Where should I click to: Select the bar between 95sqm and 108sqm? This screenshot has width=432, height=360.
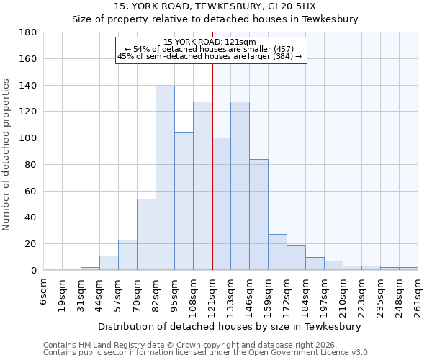pyautogui.click(x=184, y=201)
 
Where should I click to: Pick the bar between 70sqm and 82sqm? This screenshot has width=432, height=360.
pyautogui.click(x=146, y=234)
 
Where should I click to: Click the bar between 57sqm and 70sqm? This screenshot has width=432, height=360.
pyautogui.click(x=127, y=255)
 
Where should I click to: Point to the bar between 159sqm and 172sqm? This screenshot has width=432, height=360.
pyautogui.click(x=277, y=252)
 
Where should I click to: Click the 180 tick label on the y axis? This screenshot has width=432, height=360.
pyautogui.click(x=28, y=32)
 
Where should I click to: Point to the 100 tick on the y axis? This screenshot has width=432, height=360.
pyautogui.click(x=28, y=138)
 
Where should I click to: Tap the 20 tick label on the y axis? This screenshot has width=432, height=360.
pyautogui.click(x=31, y=244)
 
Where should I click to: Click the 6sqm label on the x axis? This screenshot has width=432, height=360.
pyautogui.click(x=44, y=291)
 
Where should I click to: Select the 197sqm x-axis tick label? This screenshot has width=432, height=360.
pyautogui.click(x=325, y=295)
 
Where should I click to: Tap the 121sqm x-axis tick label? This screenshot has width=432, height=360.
pyautogui.click(x=212, y=295)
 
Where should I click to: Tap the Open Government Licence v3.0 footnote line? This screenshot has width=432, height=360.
pyautogui.click(x=207, y=352)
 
